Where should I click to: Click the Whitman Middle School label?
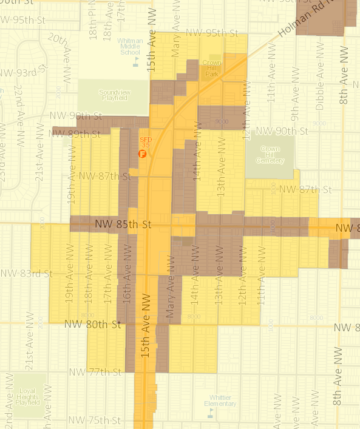point(134,47)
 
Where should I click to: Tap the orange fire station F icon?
point(143,154)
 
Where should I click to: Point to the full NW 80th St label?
point(89,325)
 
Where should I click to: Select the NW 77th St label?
point(95,371)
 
